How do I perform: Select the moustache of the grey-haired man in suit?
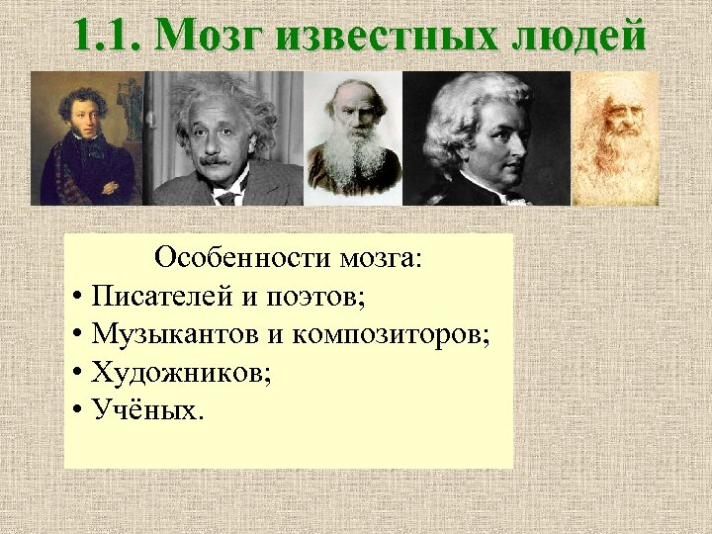pos(215,158)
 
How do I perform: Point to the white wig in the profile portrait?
pos(465,109)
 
